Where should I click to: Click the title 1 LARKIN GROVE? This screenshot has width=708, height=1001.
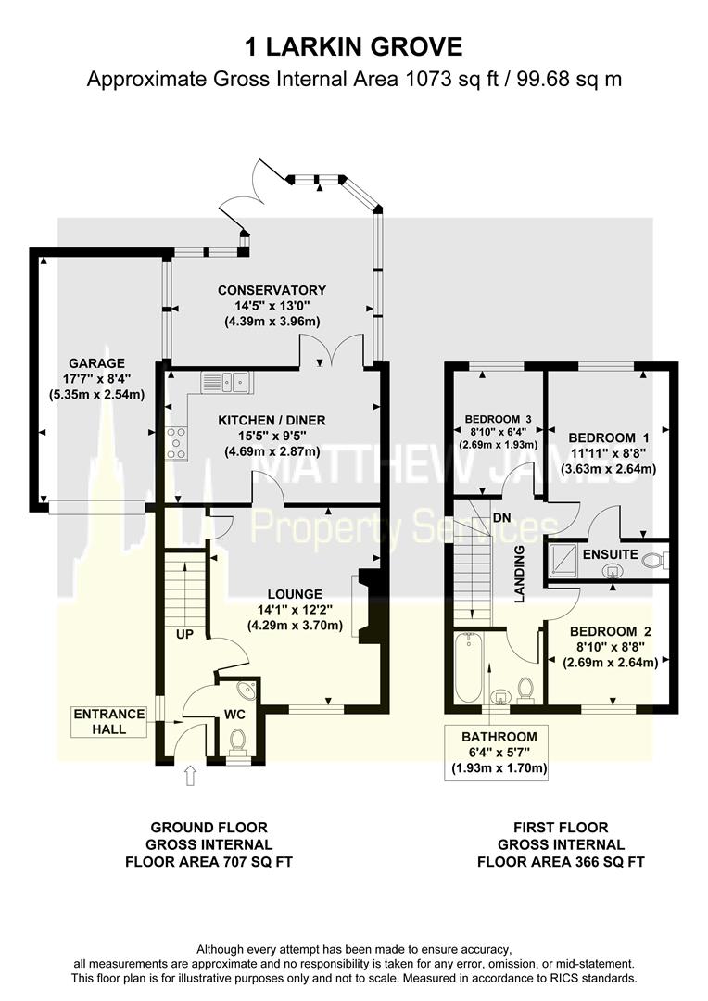click(x=353, y=45)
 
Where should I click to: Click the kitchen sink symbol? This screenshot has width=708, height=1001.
click(x=227, y=380)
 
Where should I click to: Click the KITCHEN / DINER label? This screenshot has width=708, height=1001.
click(x=272, y=420)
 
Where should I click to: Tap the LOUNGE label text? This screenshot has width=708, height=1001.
click(x=295, y=594)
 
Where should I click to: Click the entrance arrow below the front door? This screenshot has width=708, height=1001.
click(x=191, y=775)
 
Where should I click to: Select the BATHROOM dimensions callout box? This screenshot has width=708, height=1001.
click(x=499, y=752)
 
